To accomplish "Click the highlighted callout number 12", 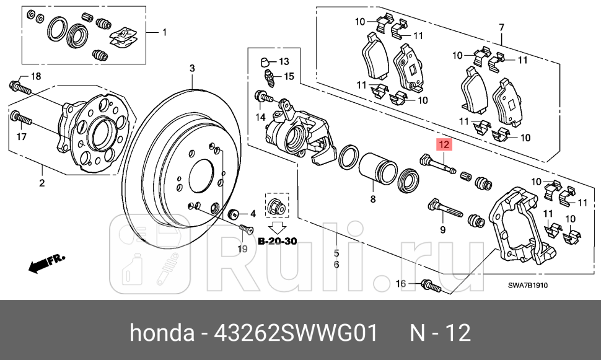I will coord(444,145).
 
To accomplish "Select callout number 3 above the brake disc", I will coord(192,68).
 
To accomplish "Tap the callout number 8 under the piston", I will coord(373,199).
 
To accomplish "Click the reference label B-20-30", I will coord(278,240).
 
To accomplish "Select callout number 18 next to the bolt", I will coord(35,76).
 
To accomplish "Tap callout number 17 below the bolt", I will coord(21,136).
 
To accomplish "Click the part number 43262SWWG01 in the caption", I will coord(296,333).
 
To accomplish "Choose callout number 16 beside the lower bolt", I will coord(401,284).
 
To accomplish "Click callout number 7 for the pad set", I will coord(502,27).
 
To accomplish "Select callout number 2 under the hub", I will coord(42,183).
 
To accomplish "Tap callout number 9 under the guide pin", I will coord(443,230).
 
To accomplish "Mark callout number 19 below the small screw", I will coord(242,248).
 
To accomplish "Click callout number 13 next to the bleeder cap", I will coord(284,61).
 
